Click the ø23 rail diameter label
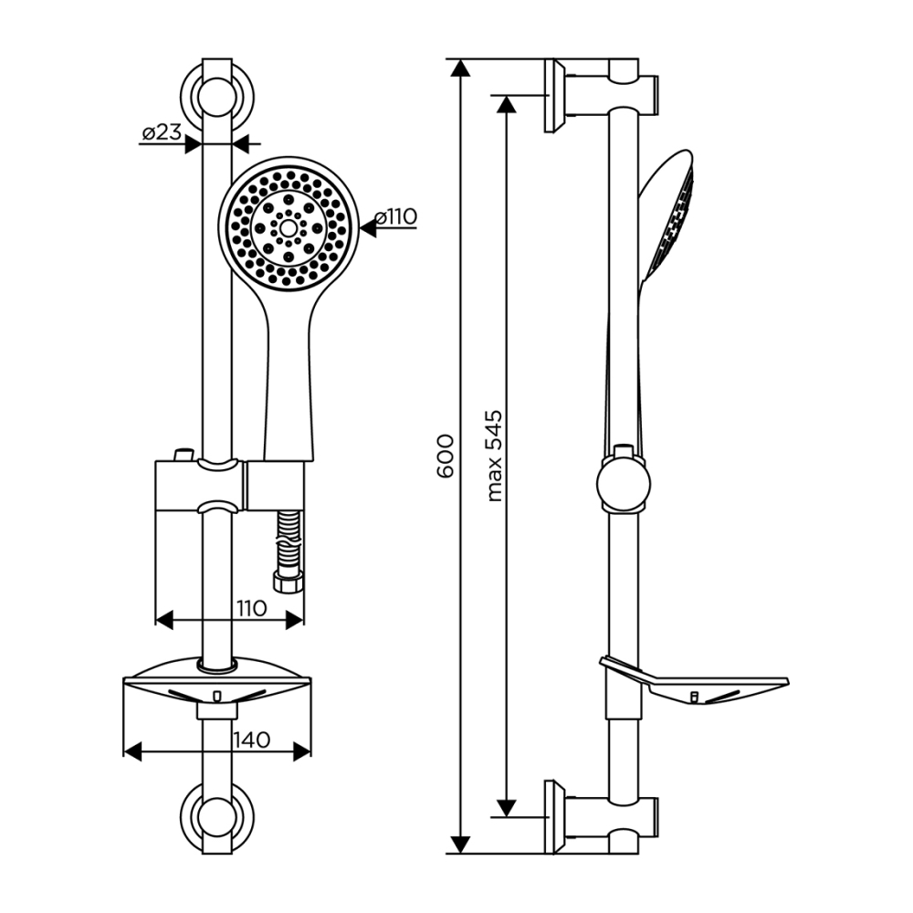click(162, 132)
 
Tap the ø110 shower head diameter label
click(396, 216)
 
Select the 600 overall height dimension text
click(445, 456)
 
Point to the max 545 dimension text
click(494, 456)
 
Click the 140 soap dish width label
click(252, 740)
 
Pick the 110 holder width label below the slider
click(252, 608)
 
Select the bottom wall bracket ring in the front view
click(216, 818)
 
